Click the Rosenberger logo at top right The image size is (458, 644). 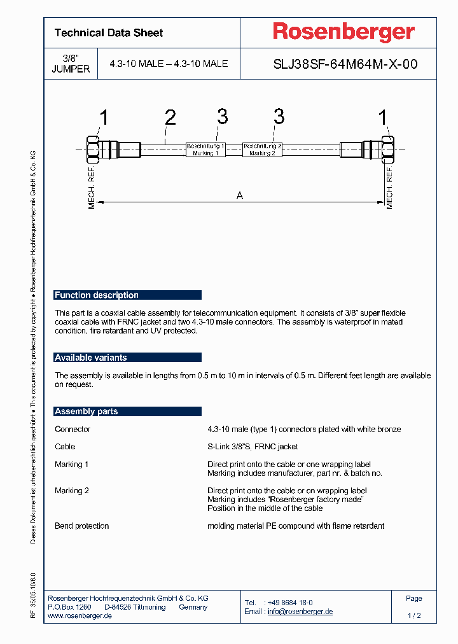(343, 32)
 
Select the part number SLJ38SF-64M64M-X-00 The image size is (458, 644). (345, 64)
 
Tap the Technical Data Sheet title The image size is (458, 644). (109, 33)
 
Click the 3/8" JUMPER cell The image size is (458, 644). (71, 64)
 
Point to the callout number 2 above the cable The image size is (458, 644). (170, 118)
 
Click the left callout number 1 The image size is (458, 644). (104, 118)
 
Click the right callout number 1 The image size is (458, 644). (383, 118)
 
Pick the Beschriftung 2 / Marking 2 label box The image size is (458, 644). (262, 150)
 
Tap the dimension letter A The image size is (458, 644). (240, 196)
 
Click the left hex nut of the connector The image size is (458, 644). (92, 150)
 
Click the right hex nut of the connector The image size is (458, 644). (388, 150)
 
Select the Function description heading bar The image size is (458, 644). (127, 295)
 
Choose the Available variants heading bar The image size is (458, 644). (127, 358)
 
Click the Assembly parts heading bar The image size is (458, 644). (127, 412)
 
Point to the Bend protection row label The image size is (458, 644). (82, 526)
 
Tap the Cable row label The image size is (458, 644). (65, 447)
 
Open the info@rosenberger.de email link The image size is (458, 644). (300, 612)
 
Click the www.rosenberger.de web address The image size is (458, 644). (80, 616)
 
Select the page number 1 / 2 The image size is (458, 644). (414, 616)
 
